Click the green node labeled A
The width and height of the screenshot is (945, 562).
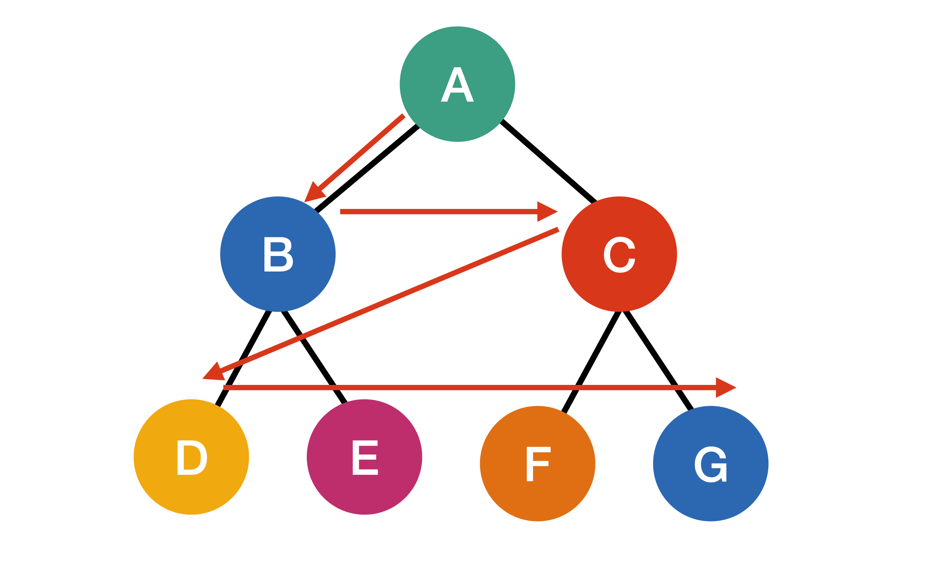pos(457,84)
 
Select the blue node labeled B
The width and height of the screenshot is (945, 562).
pos(278,254)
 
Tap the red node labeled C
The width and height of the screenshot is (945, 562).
pos(619,254)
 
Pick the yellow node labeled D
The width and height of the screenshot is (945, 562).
pos(191,457)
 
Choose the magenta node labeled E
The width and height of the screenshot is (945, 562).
pos(364,457)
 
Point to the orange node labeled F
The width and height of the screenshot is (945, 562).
pos(537,463)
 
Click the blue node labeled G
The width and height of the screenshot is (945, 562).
pos(711,463)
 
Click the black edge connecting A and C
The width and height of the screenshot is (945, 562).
pos(548,161)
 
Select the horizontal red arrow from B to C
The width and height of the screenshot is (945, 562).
pos(436,212)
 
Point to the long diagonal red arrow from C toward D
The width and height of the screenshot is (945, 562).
pos(391,300)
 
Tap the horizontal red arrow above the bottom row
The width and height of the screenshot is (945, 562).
pos(455,388)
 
